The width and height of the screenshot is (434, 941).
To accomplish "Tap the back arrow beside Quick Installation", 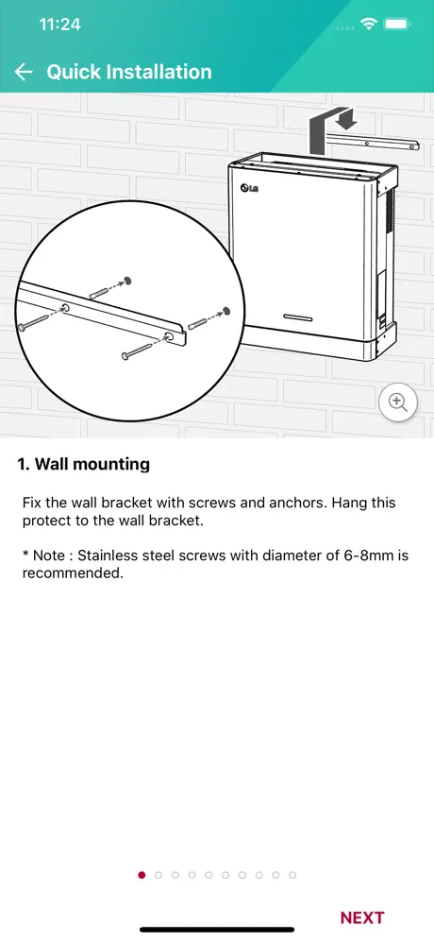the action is point(24,72).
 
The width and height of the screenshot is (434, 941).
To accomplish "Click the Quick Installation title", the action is point(129,72).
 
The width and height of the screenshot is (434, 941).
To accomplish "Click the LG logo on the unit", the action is point(249,188).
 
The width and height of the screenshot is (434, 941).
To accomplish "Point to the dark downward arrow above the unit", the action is point(346,117).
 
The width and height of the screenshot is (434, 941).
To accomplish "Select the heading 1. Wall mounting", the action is point(83,464).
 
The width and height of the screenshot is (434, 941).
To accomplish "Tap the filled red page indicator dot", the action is point(142,875).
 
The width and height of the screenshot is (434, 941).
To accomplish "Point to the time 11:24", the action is point(60,25).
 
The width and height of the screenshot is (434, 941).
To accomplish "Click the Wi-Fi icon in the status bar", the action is point(368,24).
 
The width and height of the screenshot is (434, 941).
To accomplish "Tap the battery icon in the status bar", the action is point(397,24).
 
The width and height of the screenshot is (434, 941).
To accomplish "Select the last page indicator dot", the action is point(292,875).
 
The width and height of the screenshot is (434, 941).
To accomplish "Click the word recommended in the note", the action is point(73,573).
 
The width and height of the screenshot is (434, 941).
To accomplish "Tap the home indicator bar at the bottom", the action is point(217,930).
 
